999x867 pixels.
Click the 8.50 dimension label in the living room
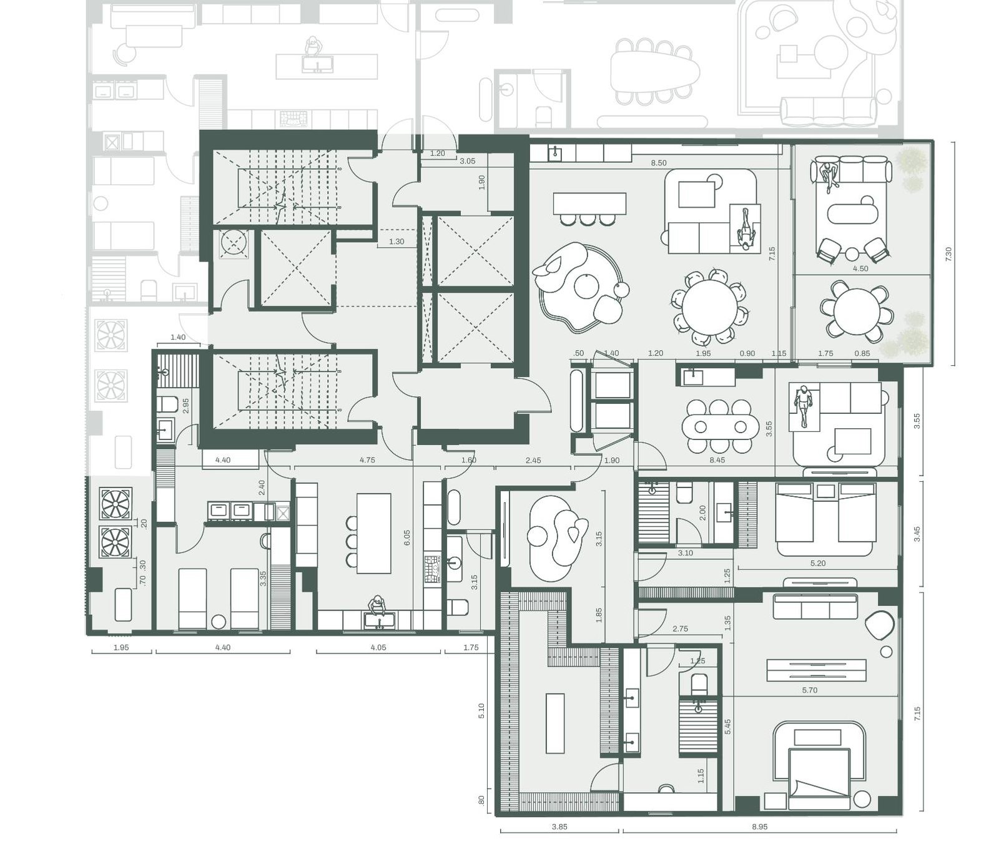[659, 163]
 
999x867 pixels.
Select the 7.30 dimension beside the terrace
[948, 254]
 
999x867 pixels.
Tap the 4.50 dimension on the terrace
[860, 269]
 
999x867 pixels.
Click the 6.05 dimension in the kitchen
[407, 538]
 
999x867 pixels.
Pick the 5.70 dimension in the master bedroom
[810, 690]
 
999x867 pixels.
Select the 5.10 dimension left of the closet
[480, 712]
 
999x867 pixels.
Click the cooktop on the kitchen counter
[431, 568]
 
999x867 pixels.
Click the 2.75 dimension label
[680, 629]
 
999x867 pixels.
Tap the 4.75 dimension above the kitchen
[368, 460]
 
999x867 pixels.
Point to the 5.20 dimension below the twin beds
[818, 563]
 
